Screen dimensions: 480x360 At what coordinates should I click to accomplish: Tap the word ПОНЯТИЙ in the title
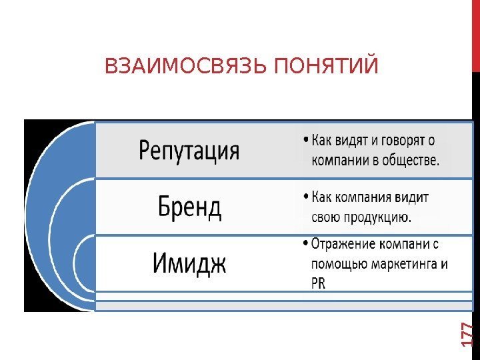(327, 67)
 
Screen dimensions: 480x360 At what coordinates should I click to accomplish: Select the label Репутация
(189, 151)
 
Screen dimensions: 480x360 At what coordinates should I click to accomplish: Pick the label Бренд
(190, 207)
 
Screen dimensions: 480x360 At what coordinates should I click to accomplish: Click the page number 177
(468, 334)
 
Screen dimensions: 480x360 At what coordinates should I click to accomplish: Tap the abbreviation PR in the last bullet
(318, 283)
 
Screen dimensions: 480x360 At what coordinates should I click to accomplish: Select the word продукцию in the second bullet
(378, 217)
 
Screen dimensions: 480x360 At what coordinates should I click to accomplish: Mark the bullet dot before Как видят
(304, 141)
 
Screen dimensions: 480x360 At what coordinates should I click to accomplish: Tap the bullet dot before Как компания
(304, 198)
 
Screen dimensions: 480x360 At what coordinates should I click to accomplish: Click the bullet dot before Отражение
(304, 244)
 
